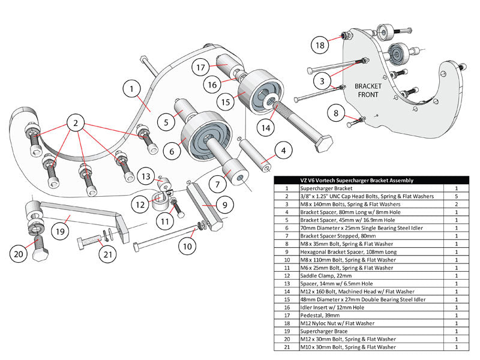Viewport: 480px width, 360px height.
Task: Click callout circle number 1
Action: [130, 89]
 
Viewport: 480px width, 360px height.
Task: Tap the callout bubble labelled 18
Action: [320, 44]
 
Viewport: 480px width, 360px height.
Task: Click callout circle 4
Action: [283, 152]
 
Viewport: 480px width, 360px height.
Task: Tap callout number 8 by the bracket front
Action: [336, 112]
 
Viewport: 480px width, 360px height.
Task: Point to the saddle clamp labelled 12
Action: [160, 200]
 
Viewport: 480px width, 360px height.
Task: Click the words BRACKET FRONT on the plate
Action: [368, 90]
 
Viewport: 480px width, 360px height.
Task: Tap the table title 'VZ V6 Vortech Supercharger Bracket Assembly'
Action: [356, 181]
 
